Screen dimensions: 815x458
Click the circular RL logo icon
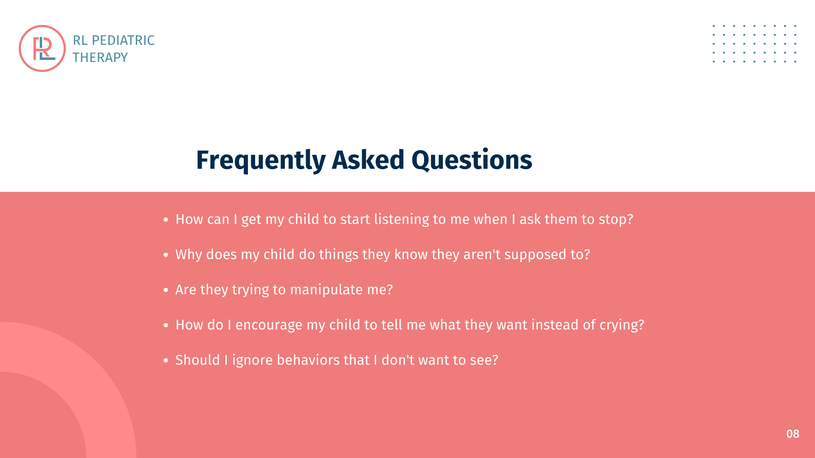42,48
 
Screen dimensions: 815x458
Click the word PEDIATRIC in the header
123,40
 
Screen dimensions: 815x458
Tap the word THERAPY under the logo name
100,57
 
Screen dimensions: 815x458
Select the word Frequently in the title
261,160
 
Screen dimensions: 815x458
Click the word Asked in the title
368,160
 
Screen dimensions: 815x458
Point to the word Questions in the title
472,160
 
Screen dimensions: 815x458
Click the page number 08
793,434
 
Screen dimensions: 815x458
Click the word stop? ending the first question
616,219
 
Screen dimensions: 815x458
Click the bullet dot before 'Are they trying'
166,290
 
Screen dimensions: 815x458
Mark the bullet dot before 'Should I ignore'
166,360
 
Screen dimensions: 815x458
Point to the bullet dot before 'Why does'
166,255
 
